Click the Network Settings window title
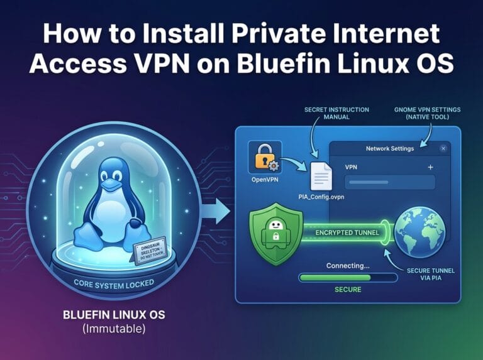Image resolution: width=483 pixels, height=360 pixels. [390, 149]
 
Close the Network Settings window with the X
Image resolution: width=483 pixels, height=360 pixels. [443, 148]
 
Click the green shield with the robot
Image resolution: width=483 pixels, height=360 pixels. [275, 234]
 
